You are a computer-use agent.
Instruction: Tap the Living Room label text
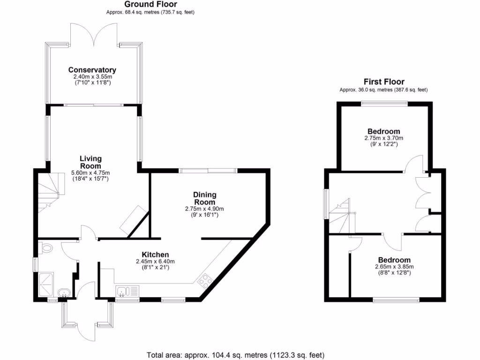coord(90,162)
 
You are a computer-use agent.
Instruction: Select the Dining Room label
coord(205,198)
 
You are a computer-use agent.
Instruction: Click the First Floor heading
coord(383,82)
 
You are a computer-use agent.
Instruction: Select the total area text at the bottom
coord(235,355)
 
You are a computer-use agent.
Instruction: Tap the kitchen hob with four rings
coord(205,280)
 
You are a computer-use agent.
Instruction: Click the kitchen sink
coord(122,292)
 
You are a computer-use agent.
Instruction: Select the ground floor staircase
coord(50,190)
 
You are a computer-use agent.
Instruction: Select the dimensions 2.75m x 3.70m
coord(383,138)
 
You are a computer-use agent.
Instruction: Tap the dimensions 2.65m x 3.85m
coord(394,267)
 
